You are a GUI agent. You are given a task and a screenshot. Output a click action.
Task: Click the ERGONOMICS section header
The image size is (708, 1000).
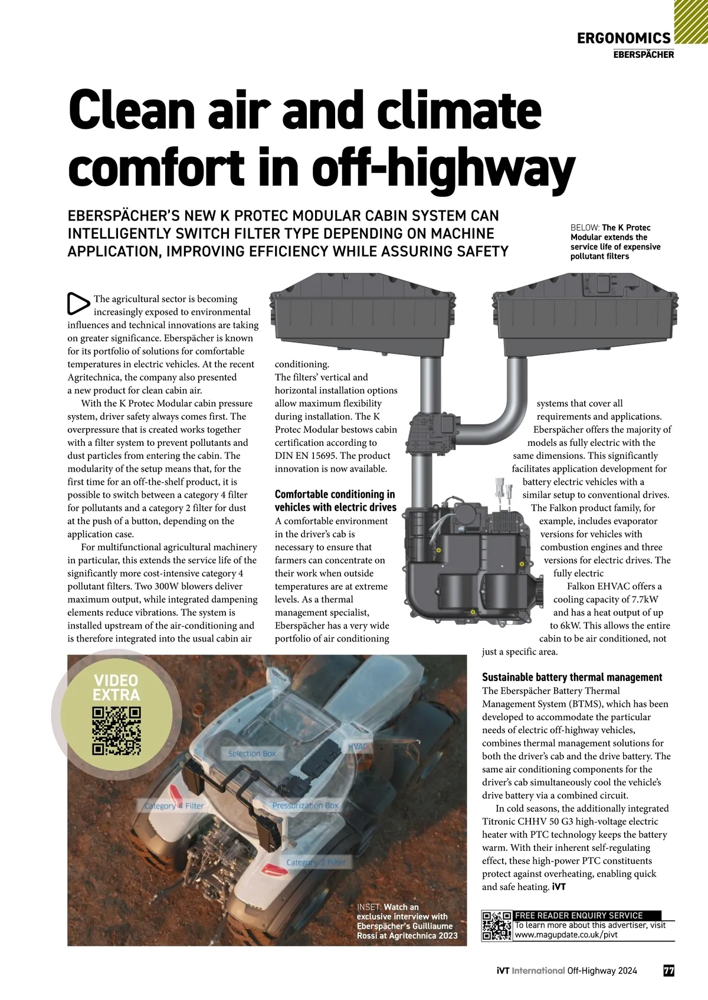[x=624, y=39]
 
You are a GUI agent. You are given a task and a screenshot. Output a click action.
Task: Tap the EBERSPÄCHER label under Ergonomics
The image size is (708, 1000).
[x=643, y=55]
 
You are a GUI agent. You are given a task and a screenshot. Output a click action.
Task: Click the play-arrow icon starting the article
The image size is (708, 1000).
[x=78, y=303]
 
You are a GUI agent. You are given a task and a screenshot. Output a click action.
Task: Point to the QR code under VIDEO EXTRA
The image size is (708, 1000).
[x=117, y=731]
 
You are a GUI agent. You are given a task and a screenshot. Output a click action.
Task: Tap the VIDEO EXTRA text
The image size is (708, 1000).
[x=116, y=688]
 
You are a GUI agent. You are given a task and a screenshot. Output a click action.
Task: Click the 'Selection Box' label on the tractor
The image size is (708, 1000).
[x=252, y=754]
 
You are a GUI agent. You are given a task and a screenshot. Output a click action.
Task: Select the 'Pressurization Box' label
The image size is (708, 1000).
[x=305, y=805]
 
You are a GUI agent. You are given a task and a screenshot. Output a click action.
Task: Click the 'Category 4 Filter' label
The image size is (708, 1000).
[x=174, y=806]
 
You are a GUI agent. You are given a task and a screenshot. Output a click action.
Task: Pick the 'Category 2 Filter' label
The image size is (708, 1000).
[x=316, y=863]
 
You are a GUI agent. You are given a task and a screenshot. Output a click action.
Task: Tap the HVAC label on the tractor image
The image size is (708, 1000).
[x=358, y=746]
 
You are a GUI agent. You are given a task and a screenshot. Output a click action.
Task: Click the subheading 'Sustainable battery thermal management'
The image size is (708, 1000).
[x=572, y=677]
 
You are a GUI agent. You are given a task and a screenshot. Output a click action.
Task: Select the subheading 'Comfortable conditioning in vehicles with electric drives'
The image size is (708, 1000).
[x=335, y=501]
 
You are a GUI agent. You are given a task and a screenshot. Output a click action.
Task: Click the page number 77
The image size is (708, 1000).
[x=668, y=971]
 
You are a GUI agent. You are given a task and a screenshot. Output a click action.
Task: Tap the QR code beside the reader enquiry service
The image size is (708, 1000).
[x=496, y=926]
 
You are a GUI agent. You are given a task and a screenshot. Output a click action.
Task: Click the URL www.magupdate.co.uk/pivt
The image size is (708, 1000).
[x=566, y=935]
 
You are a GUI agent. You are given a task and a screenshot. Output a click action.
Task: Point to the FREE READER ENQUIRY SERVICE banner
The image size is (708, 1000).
[x=579, y=916]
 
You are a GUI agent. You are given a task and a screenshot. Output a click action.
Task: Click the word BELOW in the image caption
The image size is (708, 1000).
[x=584, y=228]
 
